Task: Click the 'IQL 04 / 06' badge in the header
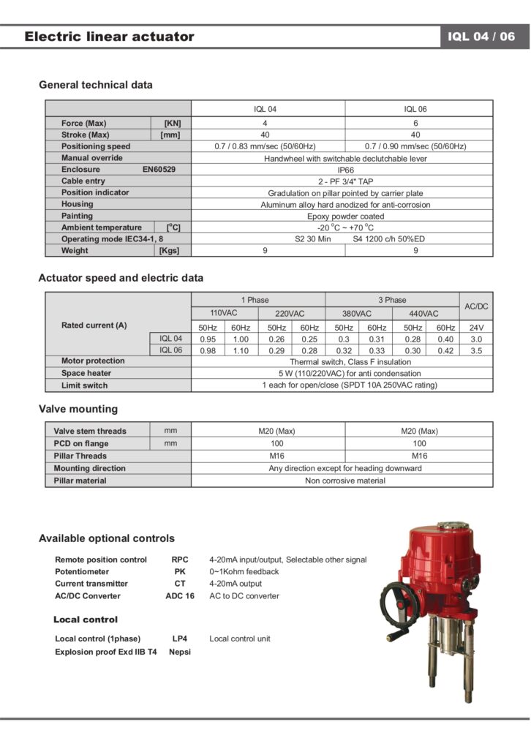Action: click(486, 37)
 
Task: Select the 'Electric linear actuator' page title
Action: click(109, 37)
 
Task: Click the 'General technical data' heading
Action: click(96, 85)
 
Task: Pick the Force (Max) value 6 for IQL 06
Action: click(415, 123)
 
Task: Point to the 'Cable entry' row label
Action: click(83, 181)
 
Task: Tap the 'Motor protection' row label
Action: click(93, 361)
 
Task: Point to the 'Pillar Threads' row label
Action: click(80, 456)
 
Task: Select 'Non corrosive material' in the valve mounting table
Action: click(345, 481)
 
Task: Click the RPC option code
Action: click(180, 560)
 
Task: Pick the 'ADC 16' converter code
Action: click(180, 596)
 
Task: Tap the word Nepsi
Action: click(180, 652)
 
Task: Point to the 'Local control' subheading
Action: click(86, 620)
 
